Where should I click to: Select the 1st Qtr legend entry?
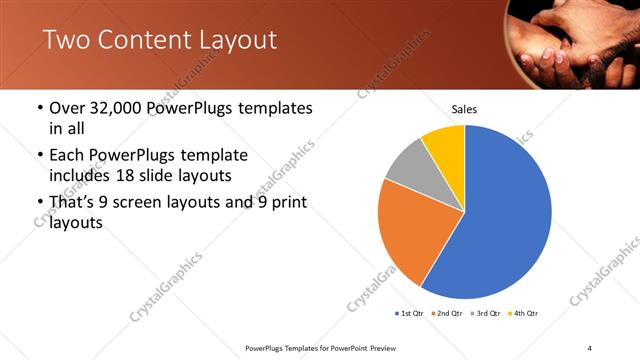click(x=409, y=313)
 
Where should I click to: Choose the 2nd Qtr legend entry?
click(x=448, y=313)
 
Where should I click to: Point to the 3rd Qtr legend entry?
click(x=486, y=313)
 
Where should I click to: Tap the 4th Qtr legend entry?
click(x=524, y=313)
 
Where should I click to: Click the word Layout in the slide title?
click(x=231, y=40)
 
